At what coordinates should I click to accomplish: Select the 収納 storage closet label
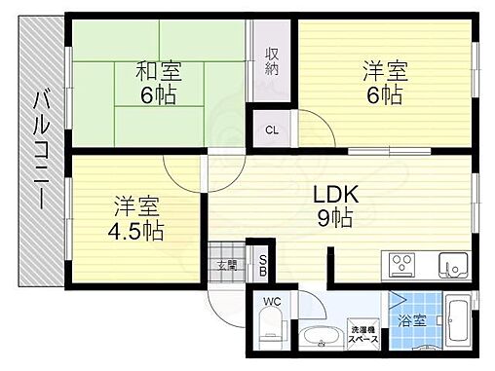click(x=273, y=62)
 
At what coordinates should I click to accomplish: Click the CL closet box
click(x=273, y=127)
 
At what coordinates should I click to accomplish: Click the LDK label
click(x=336, y=193)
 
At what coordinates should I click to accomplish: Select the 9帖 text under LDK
click(x=337, y=220)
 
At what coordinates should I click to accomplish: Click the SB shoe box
click(x=262, y=263)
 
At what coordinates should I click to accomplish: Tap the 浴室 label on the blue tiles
click(x=410, y=318)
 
